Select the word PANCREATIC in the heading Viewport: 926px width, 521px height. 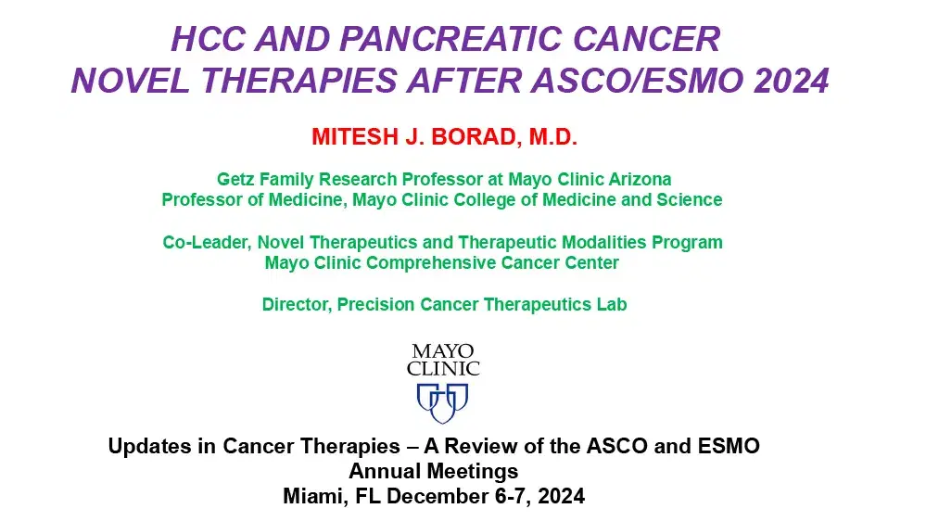(450, 39)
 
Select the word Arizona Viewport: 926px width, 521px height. (640, 178)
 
